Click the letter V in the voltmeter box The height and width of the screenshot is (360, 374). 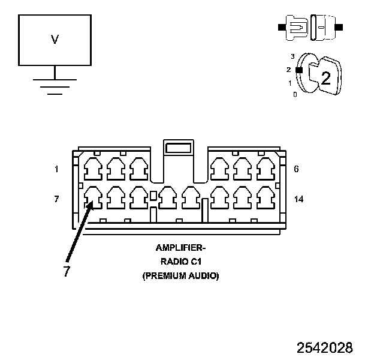55,40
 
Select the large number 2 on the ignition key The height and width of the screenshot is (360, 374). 325,77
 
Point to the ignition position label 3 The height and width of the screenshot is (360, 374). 292,56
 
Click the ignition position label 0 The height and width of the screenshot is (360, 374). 294,95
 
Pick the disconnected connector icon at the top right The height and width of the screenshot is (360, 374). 310,28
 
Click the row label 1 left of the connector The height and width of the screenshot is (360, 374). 56,169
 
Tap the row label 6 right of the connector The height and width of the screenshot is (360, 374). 296,169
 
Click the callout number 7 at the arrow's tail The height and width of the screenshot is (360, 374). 67,271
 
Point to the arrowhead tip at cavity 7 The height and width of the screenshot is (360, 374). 91,202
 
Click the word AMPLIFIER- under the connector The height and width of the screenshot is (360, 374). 180,247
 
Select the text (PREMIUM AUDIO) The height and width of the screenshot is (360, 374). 180,276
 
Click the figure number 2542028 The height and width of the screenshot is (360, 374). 324,347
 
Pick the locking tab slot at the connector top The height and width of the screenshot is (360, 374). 177,147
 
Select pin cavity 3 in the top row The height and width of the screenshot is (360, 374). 138,169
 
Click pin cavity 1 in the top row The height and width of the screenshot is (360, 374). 92,169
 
